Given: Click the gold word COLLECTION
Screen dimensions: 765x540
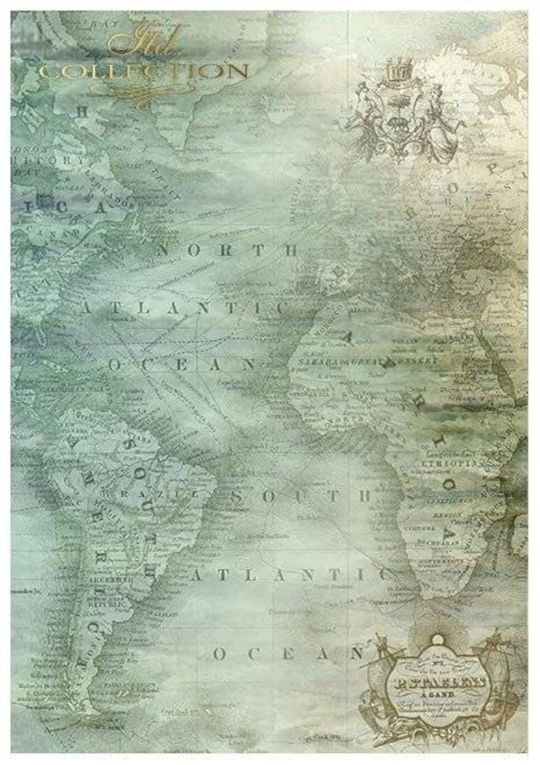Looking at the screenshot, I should point(143,70).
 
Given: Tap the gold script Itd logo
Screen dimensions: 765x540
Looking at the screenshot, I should point(144,46).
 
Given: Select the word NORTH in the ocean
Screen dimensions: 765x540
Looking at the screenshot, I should point(228,250).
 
